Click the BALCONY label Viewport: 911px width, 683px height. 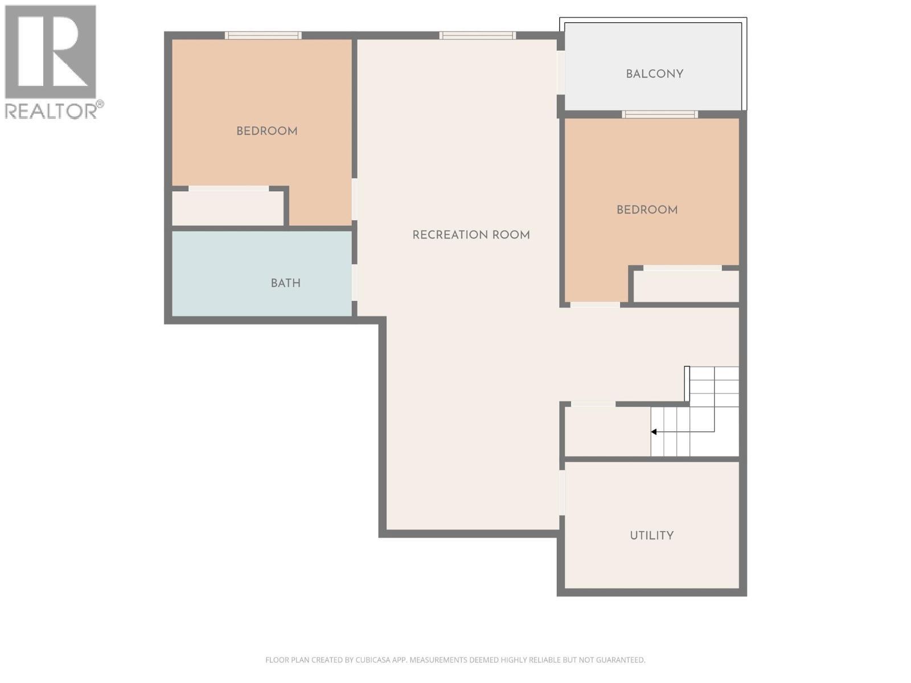click(654, 74)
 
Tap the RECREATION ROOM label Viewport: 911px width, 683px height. click(471, 235)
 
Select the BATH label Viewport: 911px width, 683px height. click(285, 283)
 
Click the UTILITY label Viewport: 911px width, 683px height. click(651, 536)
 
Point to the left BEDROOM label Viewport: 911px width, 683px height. click(266, 131)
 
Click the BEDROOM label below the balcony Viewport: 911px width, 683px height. click(647, 210)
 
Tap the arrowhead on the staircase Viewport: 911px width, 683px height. click(654, 432)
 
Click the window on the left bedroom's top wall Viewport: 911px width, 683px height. click(263, 35)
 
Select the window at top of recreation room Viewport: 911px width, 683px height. click(477, 35)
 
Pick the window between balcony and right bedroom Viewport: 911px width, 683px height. click(660, 114)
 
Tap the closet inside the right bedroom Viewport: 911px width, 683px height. click(686, 286)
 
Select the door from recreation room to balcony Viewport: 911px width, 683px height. click(561, 73)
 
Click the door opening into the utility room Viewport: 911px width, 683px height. click(562, 493)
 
